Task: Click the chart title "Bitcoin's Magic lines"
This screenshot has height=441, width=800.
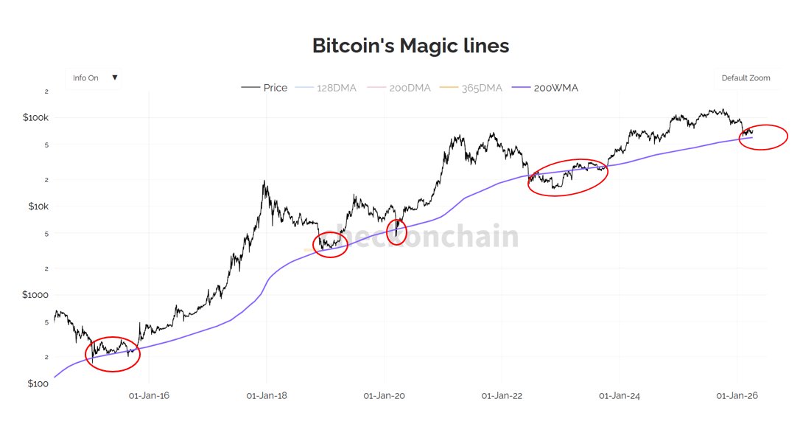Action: tap(410, 46)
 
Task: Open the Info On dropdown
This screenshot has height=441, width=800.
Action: tap(94, 78)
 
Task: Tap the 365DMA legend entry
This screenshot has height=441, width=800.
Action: tap(471, 88)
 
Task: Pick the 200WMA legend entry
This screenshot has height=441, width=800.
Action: tap(547, 88)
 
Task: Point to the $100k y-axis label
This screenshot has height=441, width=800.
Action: tap(35, 118)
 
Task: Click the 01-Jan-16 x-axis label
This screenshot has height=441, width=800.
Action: tap(149, 396)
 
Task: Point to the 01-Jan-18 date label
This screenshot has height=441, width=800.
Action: tap(267, 396)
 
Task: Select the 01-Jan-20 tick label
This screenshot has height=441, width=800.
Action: tap(385, 396)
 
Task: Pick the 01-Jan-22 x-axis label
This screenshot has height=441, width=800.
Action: tap(502, 396)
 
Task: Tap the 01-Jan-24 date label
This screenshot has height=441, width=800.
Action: tap(620, 396)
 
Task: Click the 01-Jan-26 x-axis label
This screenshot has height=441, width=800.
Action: tap(737, 396)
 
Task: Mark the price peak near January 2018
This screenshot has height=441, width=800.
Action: tap(264, 181)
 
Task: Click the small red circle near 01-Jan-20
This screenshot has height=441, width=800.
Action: tap(397, 232)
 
